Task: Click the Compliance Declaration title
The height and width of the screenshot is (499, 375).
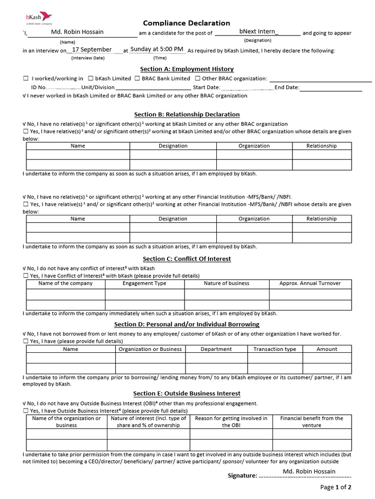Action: coord(187,23)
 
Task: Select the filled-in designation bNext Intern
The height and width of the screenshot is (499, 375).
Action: coord(258,32)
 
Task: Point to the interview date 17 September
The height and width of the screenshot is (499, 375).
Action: coord(91,50)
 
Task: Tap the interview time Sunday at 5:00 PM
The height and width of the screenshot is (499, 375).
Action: coord(157,49)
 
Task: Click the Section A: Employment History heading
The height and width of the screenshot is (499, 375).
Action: coord(187,69)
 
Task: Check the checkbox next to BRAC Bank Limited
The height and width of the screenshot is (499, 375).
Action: coord(137,78)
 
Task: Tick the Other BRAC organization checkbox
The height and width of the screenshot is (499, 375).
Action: coord(197,78)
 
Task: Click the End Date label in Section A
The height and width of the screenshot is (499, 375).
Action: coord(287,88)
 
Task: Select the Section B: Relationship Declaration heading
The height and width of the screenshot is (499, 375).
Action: coord(187,115)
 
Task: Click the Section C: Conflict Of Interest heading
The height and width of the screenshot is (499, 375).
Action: coord(187,259)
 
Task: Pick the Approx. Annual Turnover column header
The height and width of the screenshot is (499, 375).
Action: coord(310,283)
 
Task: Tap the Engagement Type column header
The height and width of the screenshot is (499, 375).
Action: coord(144,283)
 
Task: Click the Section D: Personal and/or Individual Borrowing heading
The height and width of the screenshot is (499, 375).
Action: coord(187,324)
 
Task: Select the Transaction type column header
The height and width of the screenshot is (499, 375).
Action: coord(275,349)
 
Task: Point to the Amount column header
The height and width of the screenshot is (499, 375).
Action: coord(327,349)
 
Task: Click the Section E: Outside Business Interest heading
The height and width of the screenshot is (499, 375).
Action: coord(187,393)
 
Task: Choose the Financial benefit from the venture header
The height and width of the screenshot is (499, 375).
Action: coord(312,422)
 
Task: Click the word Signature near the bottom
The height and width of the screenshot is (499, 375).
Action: coord(242,476)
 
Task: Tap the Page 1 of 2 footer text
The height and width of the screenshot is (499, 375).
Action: coord(335,487)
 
